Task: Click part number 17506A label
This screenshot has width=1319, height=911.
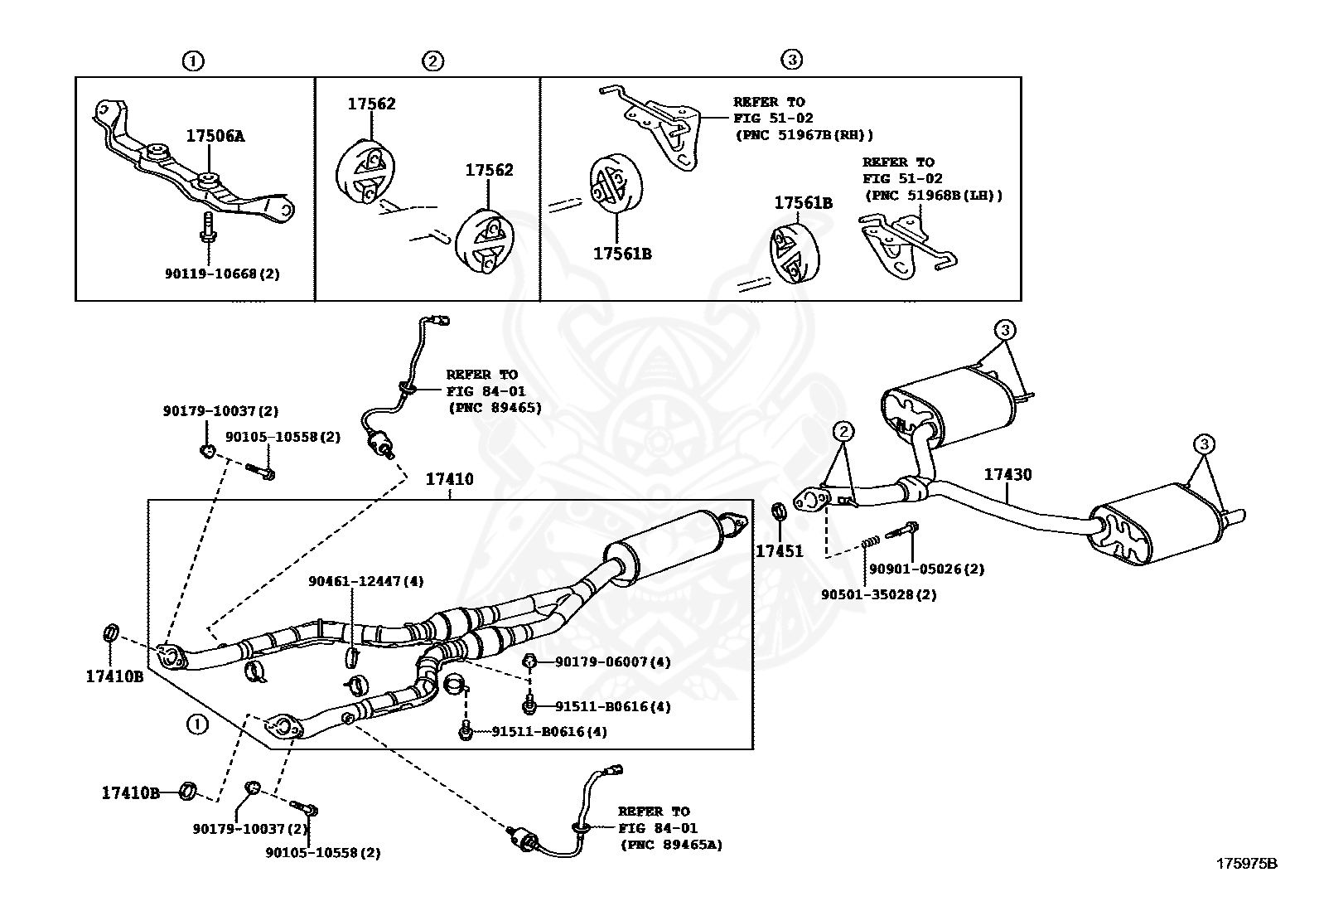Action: pyautogui.click(x=215, y=137)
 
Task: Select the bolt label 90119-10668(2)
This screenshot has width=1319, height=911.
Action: pyautogui.click(x=222, y=273)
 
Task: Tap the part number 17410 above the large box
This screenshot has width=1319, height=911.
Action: pyautogui.click(x=449, y=479)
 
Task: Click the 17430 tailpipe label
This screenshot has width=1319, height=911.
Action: pyautogui.click(x=1007, y=475)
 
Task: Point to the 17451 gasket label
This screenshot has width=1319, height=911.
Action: pyautogui.click(x=779, y=550)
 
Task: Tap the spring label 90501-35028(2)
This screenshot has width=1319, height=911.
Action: pyautogui.click(x=878, y=594)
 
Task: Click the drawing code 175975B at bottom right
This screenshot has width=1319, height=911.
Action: pyautogui.click(x=1246, y=864)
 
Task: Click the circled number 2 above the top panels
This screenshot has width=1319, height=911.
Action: pyautogui.click(x=432, y=61)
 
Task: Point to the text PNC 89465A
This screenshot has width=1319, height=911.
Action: pyautogui.click(x=671, y=845)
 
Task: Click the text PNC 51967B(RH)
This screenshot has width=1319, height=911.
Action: pyautogui.click(x=804, y=134)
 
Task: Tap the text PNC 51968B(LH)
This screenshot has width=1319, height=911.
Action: pyautogui.click(x=934, y=196)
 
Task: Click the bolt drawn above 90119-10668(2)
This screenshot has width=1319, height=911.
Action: pyautogui.click(x=206, y=226)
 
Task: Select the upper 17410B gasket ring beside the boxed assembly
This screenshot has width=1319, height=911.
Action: pyautogui.click(x=109, y=634)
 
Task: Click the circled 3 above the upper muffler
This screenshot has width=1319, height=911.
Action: pyautogui.click(x=1004, y=330)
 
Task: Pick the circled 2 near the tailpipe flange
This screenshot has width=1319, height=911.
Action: pyautogui.click(x=843, y=431)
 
